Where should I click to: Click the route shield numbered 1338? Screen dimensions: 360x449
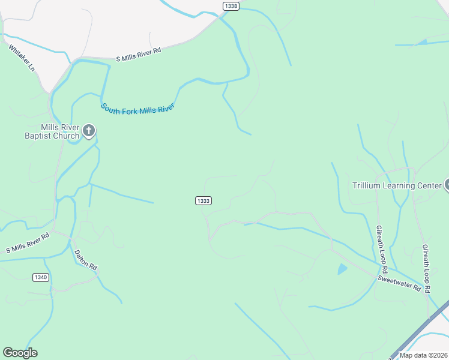[231, 6]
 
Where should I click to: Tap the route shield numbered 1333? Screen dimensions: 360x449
[203, 200]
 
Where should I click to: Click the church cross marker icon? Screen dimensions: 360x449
[89, 130]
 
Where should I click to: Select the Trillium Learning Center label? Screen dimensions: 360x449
[397, 186]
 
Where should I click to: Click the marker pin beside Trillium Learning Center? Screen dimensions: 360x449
[446, 185]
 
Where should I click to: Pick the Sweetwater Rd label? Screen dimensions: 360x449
[399, 283]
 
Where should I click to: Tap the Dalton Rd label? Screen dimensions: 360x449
[85, 259]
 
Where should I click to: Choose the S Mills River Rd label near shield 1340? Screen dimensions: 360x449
[28, 242]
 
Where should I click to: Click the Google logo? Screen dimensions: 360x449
[20, 353]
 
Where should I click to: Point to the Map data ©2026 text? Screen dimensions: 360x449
[423, 355]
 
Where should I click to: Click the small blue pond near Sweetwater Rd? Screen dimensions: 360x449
[342, 269]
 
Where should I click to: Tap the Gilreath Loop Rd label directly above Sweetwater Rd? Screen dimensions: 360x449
[382, 247]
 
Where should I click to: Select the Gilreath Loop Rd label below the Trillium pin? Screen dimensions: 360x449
[426, 268]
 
